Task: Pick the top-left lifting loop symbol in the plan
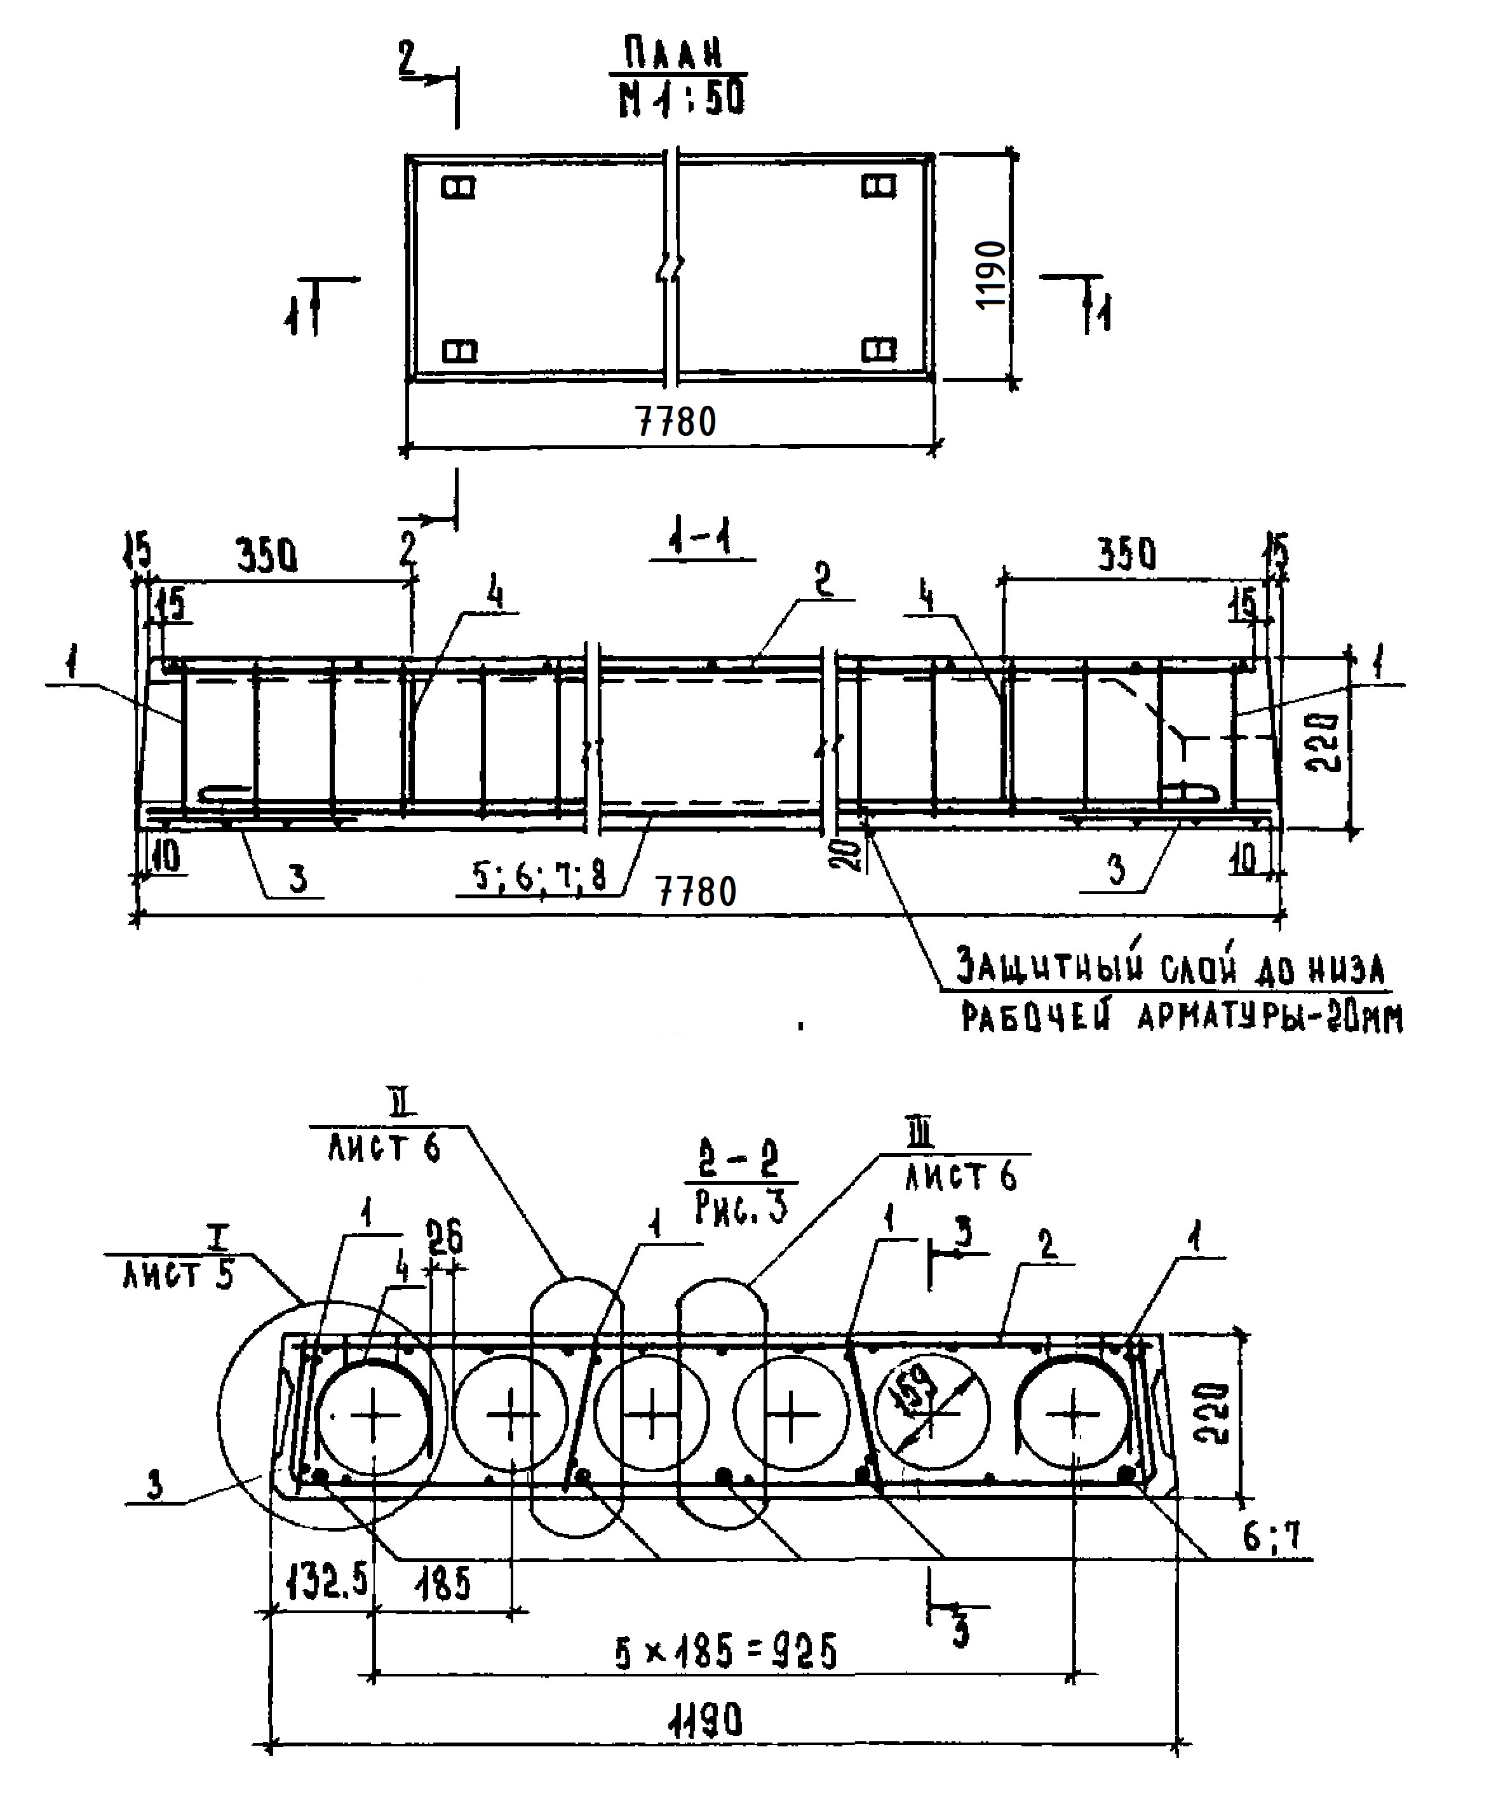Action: click(459, 187)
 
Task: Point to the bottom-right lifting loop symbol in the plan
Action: click(878, 349)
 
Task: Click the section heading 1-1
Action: click(701, 540)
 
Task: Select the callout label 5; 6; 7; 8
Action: click(540, 875)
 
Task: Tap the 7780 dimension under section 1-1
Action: click(697, 892)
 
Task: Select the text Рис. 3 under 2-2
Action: click(740, 1207)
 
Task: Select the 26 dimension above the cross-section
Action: click(444, 1238)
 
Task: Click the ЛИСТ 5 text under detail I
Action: click(178, 1276)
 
